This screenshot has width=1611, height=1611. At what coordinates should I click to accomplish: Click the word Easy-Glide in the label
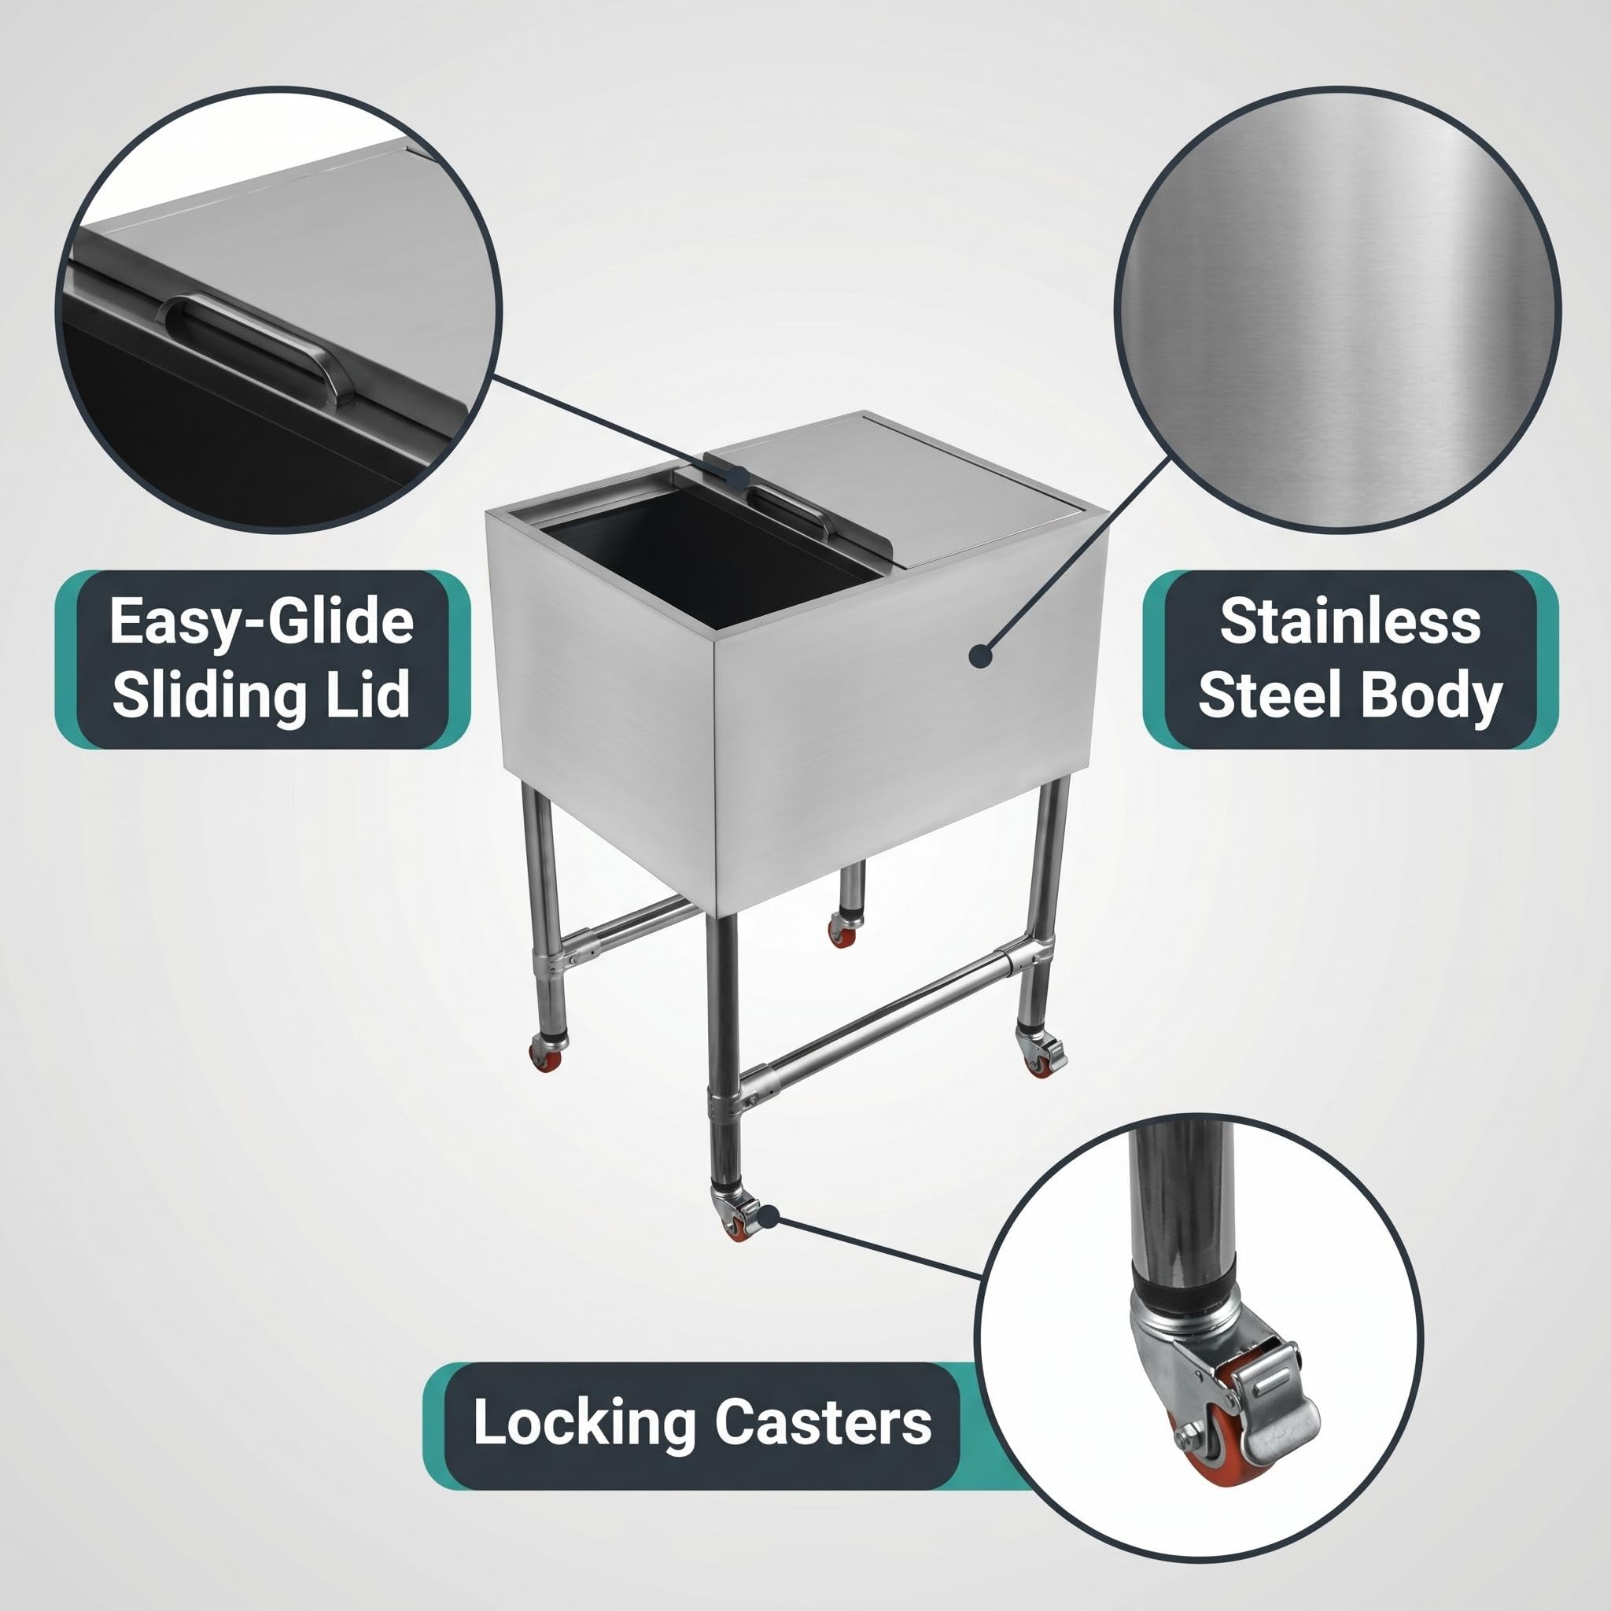(262, 621)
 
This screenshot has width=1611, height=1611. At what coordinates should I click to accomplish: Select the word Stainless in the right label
(1350, 621)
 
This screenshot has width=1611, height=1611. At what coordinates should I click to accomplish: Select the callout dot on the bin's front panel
(982, 655)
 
